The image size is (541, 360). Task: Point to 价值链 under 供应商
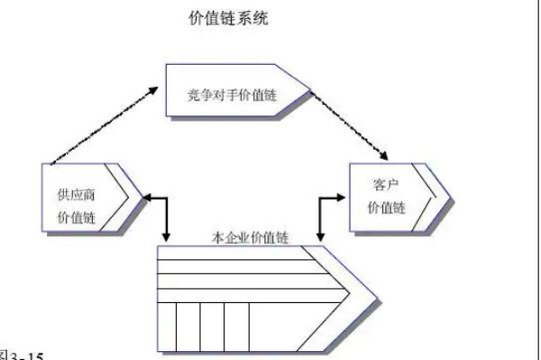(x=76, y=217)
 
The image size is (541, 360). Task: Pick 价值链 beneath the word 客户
(x=386, y=208)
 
